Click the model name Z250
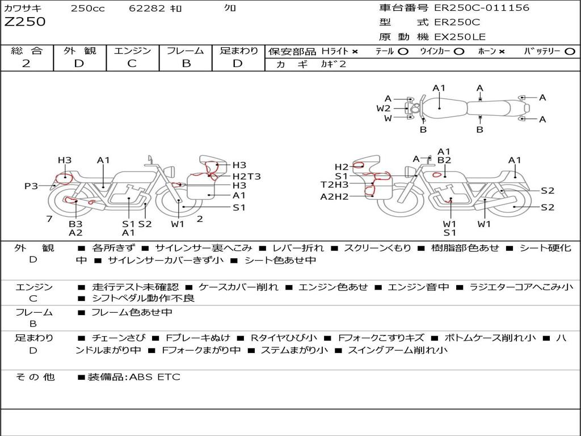pos(25,22)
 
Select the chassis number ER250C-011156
pos(481,8)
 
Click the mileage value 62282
pos(147,9)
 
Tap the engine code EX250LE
pos(460,37)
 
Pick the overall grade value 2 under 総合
pos(26,64)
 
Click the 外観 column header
pos(79,51)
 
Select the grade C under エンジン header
pos(132,64)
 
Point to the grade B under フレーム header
pos(186,64)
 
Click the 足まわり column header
pos(239,51)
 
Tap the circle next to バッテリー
pos(570,52)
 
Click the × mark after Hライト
pos(355,52)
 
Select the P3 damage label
pos(31,186)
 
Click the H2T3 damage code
pos(247,176)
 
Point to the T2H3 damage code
pos(334,185)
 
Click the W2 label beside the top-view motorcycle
pos(384,108)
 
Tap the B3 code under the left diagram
pos(75,224)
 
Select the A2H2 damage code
pos(334,196)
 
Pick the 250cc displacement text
pos(88,9)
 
